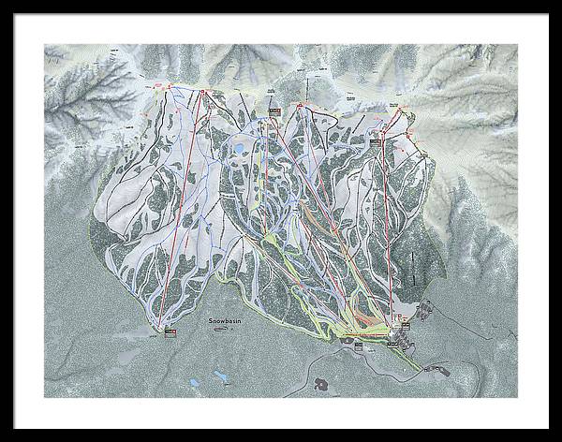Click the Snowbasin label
click(x=224, y=320)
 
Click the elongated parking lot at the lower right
click(x=435, y=369)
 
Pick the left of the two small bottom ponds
click(x=195, y=382)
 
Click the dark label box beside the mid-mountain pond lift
click(x=274, y=113)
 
